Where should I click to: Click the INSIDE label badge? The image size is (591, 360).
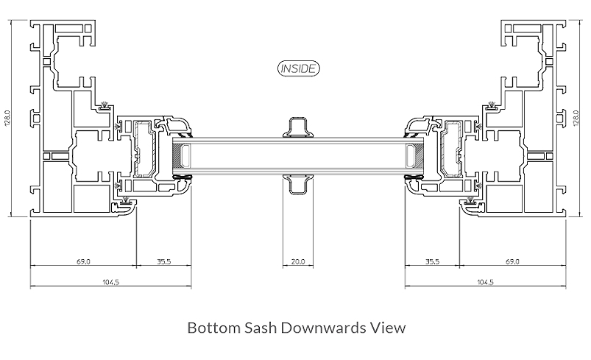[x=298, y=68]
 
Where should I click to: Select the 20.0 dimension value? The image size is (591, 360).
[x=297, y=261]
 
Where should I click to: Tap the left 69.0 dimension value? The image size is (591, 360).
[x=83, y=261]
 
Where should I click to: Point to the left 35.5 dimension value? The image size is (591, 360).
[x=164, y=261]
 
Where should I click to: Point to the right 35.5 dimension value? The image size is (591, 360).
[x=432, y=261]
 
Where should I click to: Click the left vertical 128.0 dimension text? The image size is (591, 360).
[x=7, y=118]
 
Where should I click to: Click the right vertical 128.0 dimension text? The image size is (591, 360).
[x=576, y=118]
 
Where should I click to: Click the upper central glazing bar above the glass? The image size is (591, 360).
[x=298, y=127]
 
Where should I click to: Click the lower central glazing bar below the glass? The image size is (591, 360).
[x=298, y=184]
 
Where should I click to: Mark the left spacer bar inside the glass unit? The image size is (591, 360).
[x=184, y=155]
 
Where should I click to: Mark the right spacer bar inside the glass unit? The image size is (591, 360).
[x=410, y=155]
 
